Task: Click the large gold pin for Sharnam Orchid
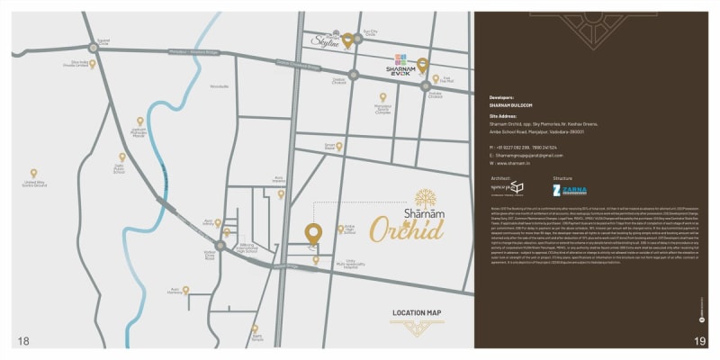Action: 312,232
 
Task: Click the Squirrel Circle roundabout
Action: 94,48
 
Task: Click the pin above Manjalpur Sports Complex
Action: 382,97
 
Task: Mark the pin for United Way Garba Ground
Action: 34,173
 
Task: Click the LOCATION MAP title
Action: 416,313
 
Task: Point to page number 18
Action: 23,340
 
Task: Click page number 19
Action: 698,340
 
